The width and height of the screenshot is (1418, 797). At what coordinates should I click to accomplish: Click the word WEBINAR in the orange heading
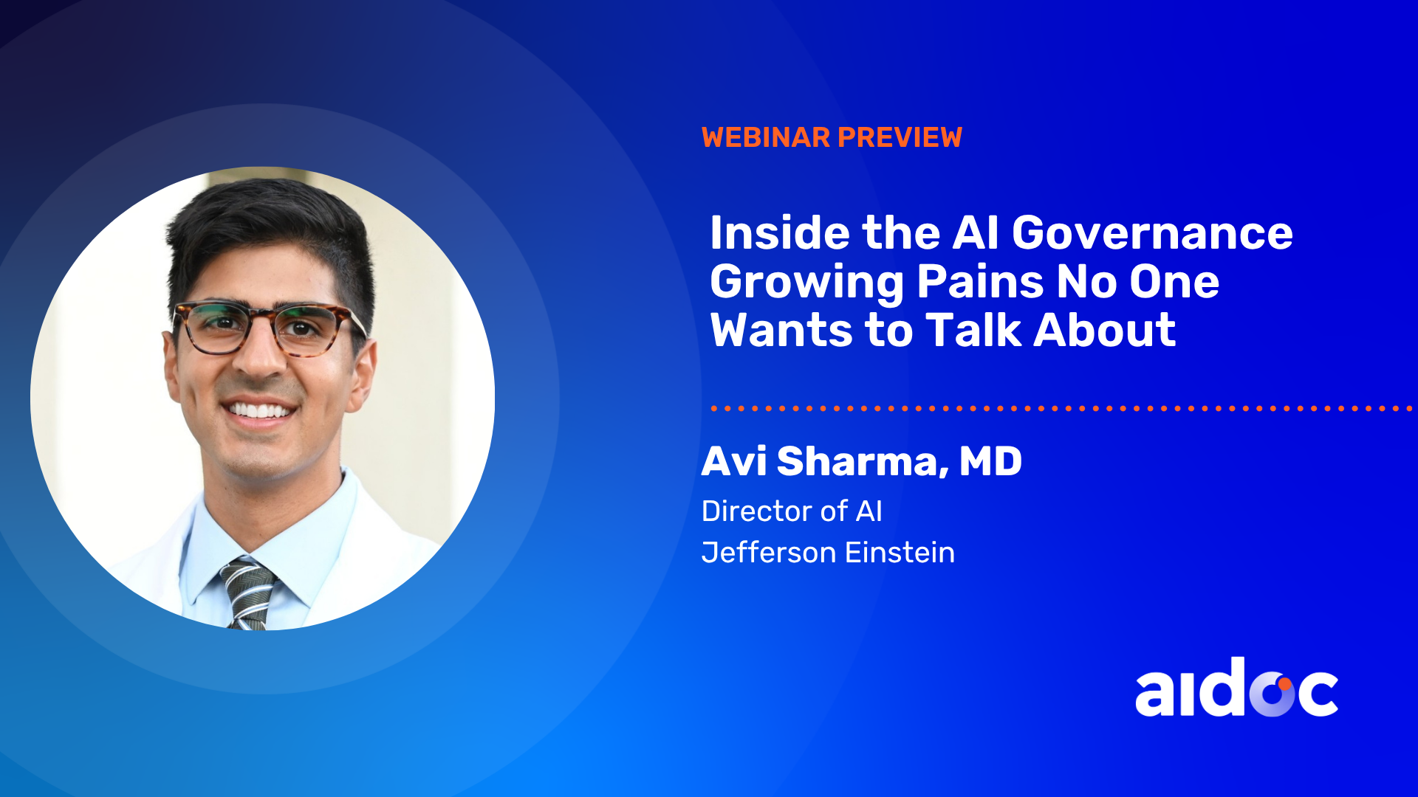tap(766, 137)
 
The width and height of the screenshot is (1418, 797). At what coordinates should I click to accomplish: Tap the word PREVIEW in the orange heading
tap(900, 137)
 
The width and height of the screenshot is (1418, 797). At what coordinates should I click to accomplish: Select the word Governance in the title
tap(1152, 233)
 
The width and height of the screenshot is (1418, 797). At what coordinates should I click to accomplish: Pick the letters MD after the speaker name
tap(990, 461)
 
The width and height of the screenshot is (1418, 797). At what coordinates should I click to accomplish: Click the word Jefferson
tap(769, 552)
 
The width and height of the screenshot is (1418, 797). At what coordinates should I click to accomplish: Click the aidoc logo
tap(1236, 687)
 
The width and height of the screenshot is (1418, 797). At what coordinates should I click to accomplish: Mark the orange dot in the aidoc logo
tap(1285, 684)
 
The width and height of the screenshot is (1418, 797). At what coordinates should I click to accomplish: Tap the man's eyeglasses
tap(268, 327)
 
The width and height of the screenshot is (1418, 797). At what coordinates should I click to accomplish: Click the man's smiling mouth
tap(260, 410)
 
